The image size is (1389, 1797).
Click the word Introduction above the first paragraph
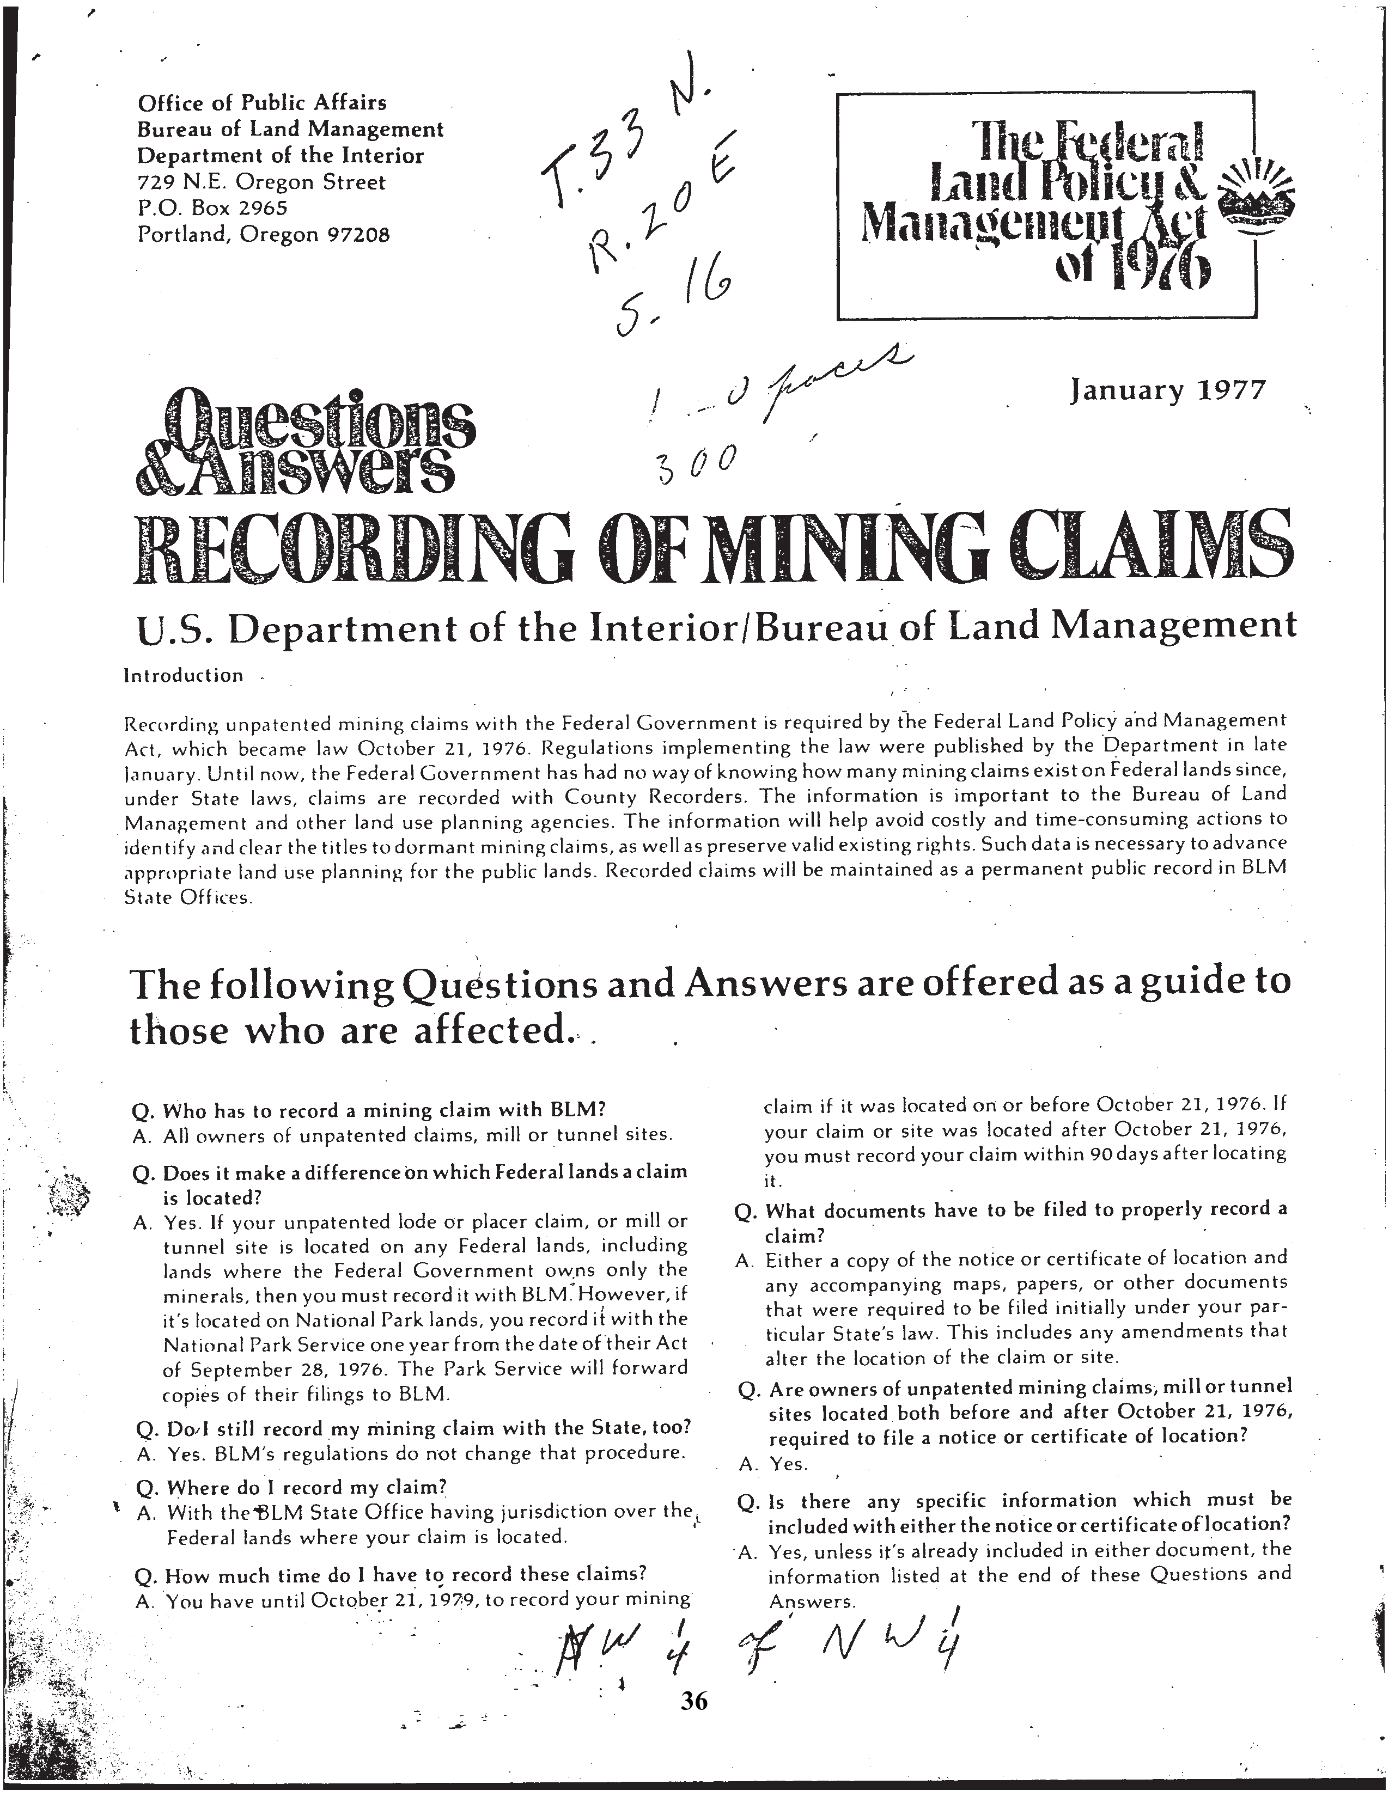pos(184,676)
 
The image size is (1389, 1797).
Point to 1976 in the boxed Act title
pos(1156,272)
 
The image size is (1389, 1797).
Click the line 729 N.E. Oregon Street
pos(261,182)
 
